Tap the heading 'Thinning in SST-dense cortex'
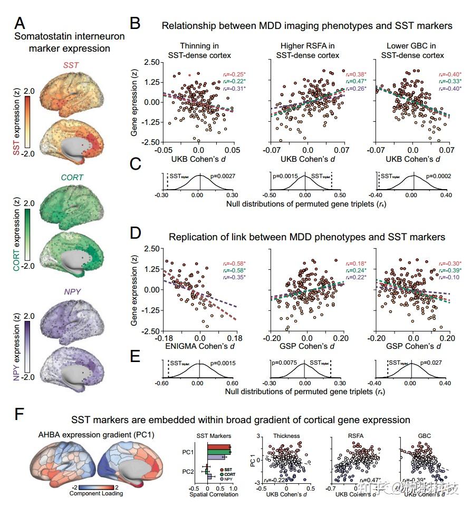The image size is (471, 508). pyautogui.click(x=198, y=50)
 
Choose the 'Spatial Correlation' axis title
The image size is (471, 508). pyautogui.click(x=214, y=494)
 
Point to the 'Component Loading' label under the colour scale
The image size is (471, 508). pyautogui.click(x=97, y=493)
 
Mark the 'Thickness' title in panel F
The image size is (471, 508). pyautogui.click(x=286, y=436)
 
